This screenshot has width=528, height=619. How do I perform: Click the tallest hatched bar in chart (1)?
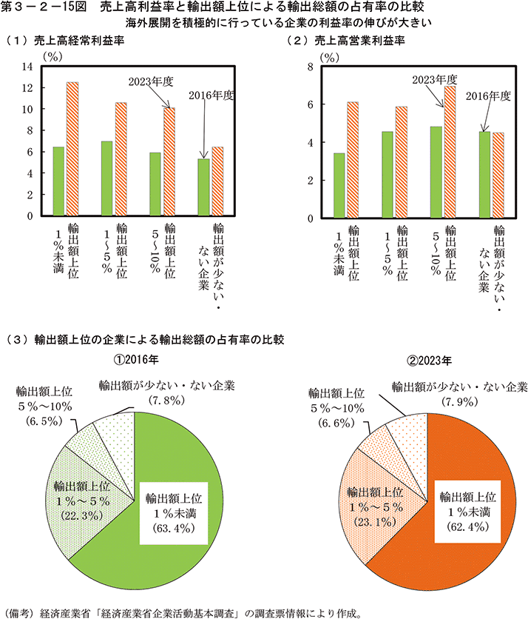pyautogui.click(x=72, y=148)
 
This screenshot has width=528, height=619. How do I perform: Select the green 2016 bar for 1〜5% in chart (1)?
pyautogui.click(x=106, y=178)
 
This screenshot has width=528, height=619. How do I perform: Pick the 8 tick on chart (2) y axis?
pyautogui.click(x=311, y=67)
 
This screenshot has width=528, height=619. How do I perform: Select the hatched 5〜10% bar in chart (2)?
pyautogui.click(x=450, y=151)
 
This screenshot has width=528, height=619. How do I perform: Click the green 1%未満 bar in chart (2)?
pyautogui.click(x=339, y=185)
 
